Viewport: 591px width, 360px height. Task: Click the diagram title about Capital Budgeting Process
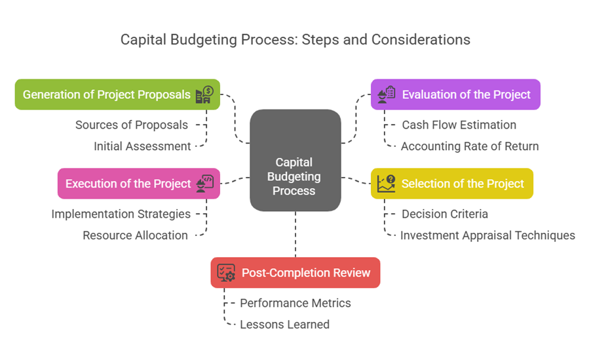[295, 39]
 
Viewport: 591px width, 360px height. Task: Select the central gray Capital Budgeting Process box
[295, 161]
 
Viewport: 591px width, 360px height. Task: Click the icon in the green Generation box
[204, 95]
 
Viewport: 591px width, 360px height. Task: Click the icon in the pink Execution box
[205, 184]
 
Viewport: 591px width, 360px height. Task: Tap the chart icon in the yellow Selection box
[387, 184]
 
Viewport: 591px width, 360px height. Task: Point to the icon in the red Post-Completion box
[226, 273]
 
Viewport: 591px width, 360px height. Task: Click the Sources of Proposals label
[132, 125]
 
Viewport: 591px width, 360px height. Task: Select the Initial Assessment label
[142, 146]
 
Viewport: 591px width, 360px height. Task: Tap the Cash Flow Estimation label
[459, 125]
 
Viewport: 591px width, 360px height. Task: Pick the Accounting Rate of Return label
[469, 146]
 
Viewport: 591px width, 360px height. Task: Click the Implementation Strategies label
[121, 214]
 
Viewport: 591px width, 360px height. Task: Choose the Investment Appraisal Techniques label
[487, 235]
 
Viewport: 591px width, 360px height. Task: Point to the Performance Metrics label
[295, 303]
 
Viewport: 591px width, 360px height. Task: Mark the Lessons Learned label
[284, 324]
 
